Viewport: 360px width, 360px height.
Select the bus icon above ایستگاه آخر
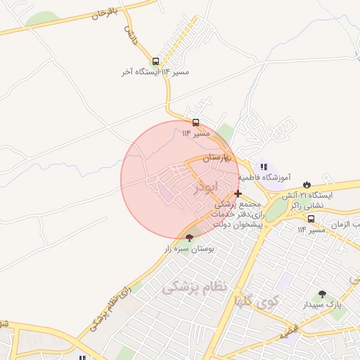click(x=155, y=61)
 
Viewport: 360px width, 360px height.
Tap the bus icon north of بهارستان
click(x=195, y=122)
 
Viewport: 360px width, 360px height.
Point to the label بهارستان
click(x=221, y=159)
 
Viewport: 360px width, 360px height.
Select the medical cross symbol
click(x=238, y=193)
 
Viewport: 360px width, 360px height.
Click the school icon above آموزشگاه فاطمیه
click(x=264, y=167)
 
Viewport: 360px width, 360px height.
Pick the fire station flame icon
click(x=307, y=184)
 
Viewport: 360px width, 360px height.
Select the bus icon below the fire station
click(x=311, y=219)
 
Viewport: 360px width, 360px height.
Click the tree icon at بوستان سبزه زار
click(x=189, y=238)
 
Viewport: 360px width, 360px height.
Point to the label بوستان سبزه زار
click(x=189, y=249)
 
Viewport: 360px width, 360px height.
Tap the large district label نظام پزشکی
click(x=195, y=287)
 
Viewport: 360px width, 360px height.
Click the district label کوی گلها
click(x=257, y=302)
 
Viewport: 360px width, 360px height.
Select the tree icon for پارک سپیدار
click(x=322, y=294)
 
